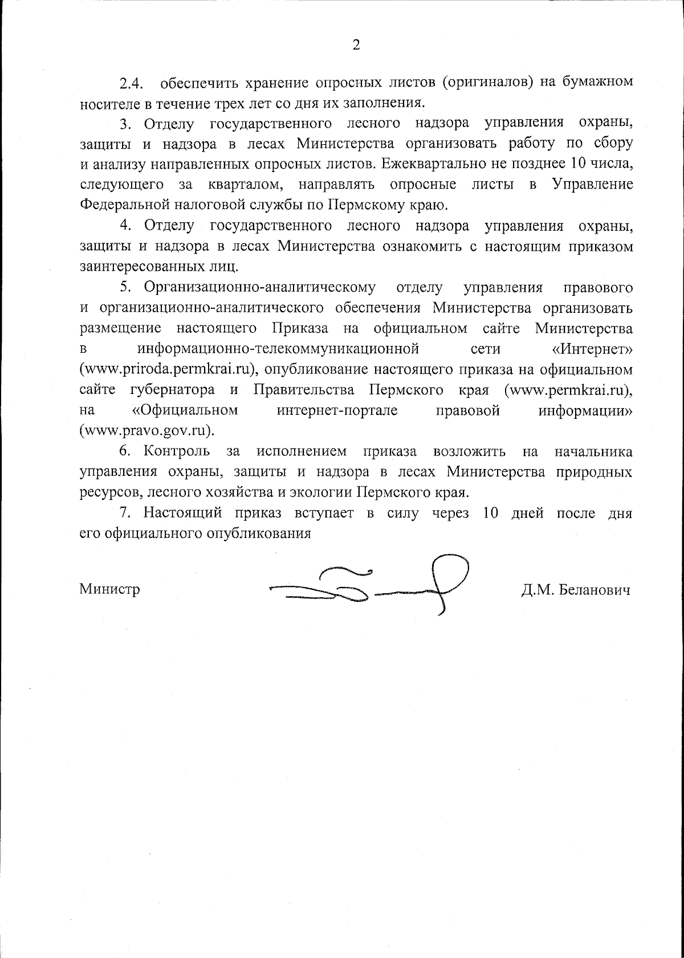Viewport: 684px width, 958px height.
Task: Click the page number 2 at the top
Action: [x=356, y=45]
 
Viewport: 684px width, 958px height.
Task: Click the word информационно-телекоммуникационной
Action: [x=278, y=349]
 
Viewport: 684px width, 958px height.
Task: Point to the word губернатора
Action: [x=172, y=390]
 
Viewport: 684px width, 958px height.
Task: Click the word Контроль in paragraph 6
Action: [x=176, y=452]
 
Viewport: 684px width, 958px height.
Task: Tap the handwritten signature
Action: [x=370, y=587]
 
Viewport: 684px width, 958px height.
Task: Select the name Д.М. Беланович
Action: [x=575, y=590]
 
